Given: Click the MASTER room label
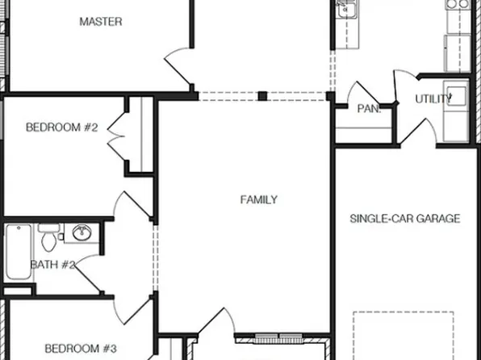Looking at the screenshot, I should (x=101, y=22).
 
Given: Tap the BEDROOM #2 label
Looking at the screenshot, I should (x=62, y=127).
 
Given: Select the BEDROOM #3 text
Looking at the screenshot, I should (x=81, y=349).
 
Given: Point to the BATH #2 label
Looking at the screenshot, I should (x=52, y=264).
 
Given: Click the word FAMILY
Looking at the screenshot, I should (x=259, y=199).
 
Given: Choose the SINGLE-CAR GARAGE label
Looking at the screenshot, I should (x=405, y=218).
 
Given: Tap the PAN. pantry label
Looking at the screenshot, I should (x=369, y=109).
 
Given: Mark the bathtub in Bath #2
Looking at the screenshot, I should (x=17, y=253).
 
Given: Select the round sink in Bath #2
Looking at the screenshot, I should (x=82, y=233).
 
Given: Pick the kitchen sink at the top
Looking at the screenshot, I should (x=347, y=10).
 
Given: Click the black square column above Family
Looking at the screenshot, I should (x=262, y=96).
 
